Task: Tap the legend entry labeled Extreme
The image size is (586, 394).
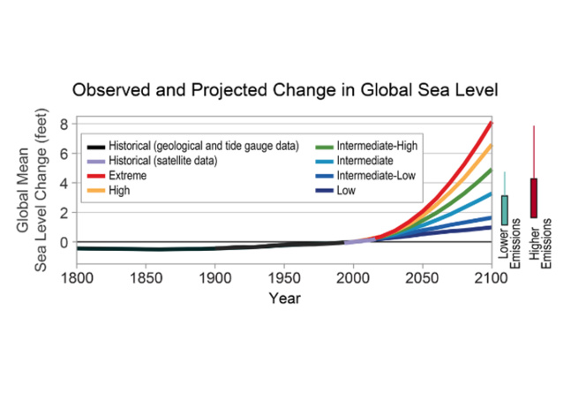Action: pos(128,176)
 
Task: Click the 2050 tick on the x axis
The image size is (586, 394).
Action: pos(422,277)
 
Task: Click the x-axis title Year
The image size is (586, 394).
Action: pos(285,298)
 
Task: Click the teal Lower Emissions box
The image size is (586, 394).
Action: pos(505,209)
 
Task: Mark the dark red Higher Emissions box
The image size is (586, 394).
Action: pos(534,197)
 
